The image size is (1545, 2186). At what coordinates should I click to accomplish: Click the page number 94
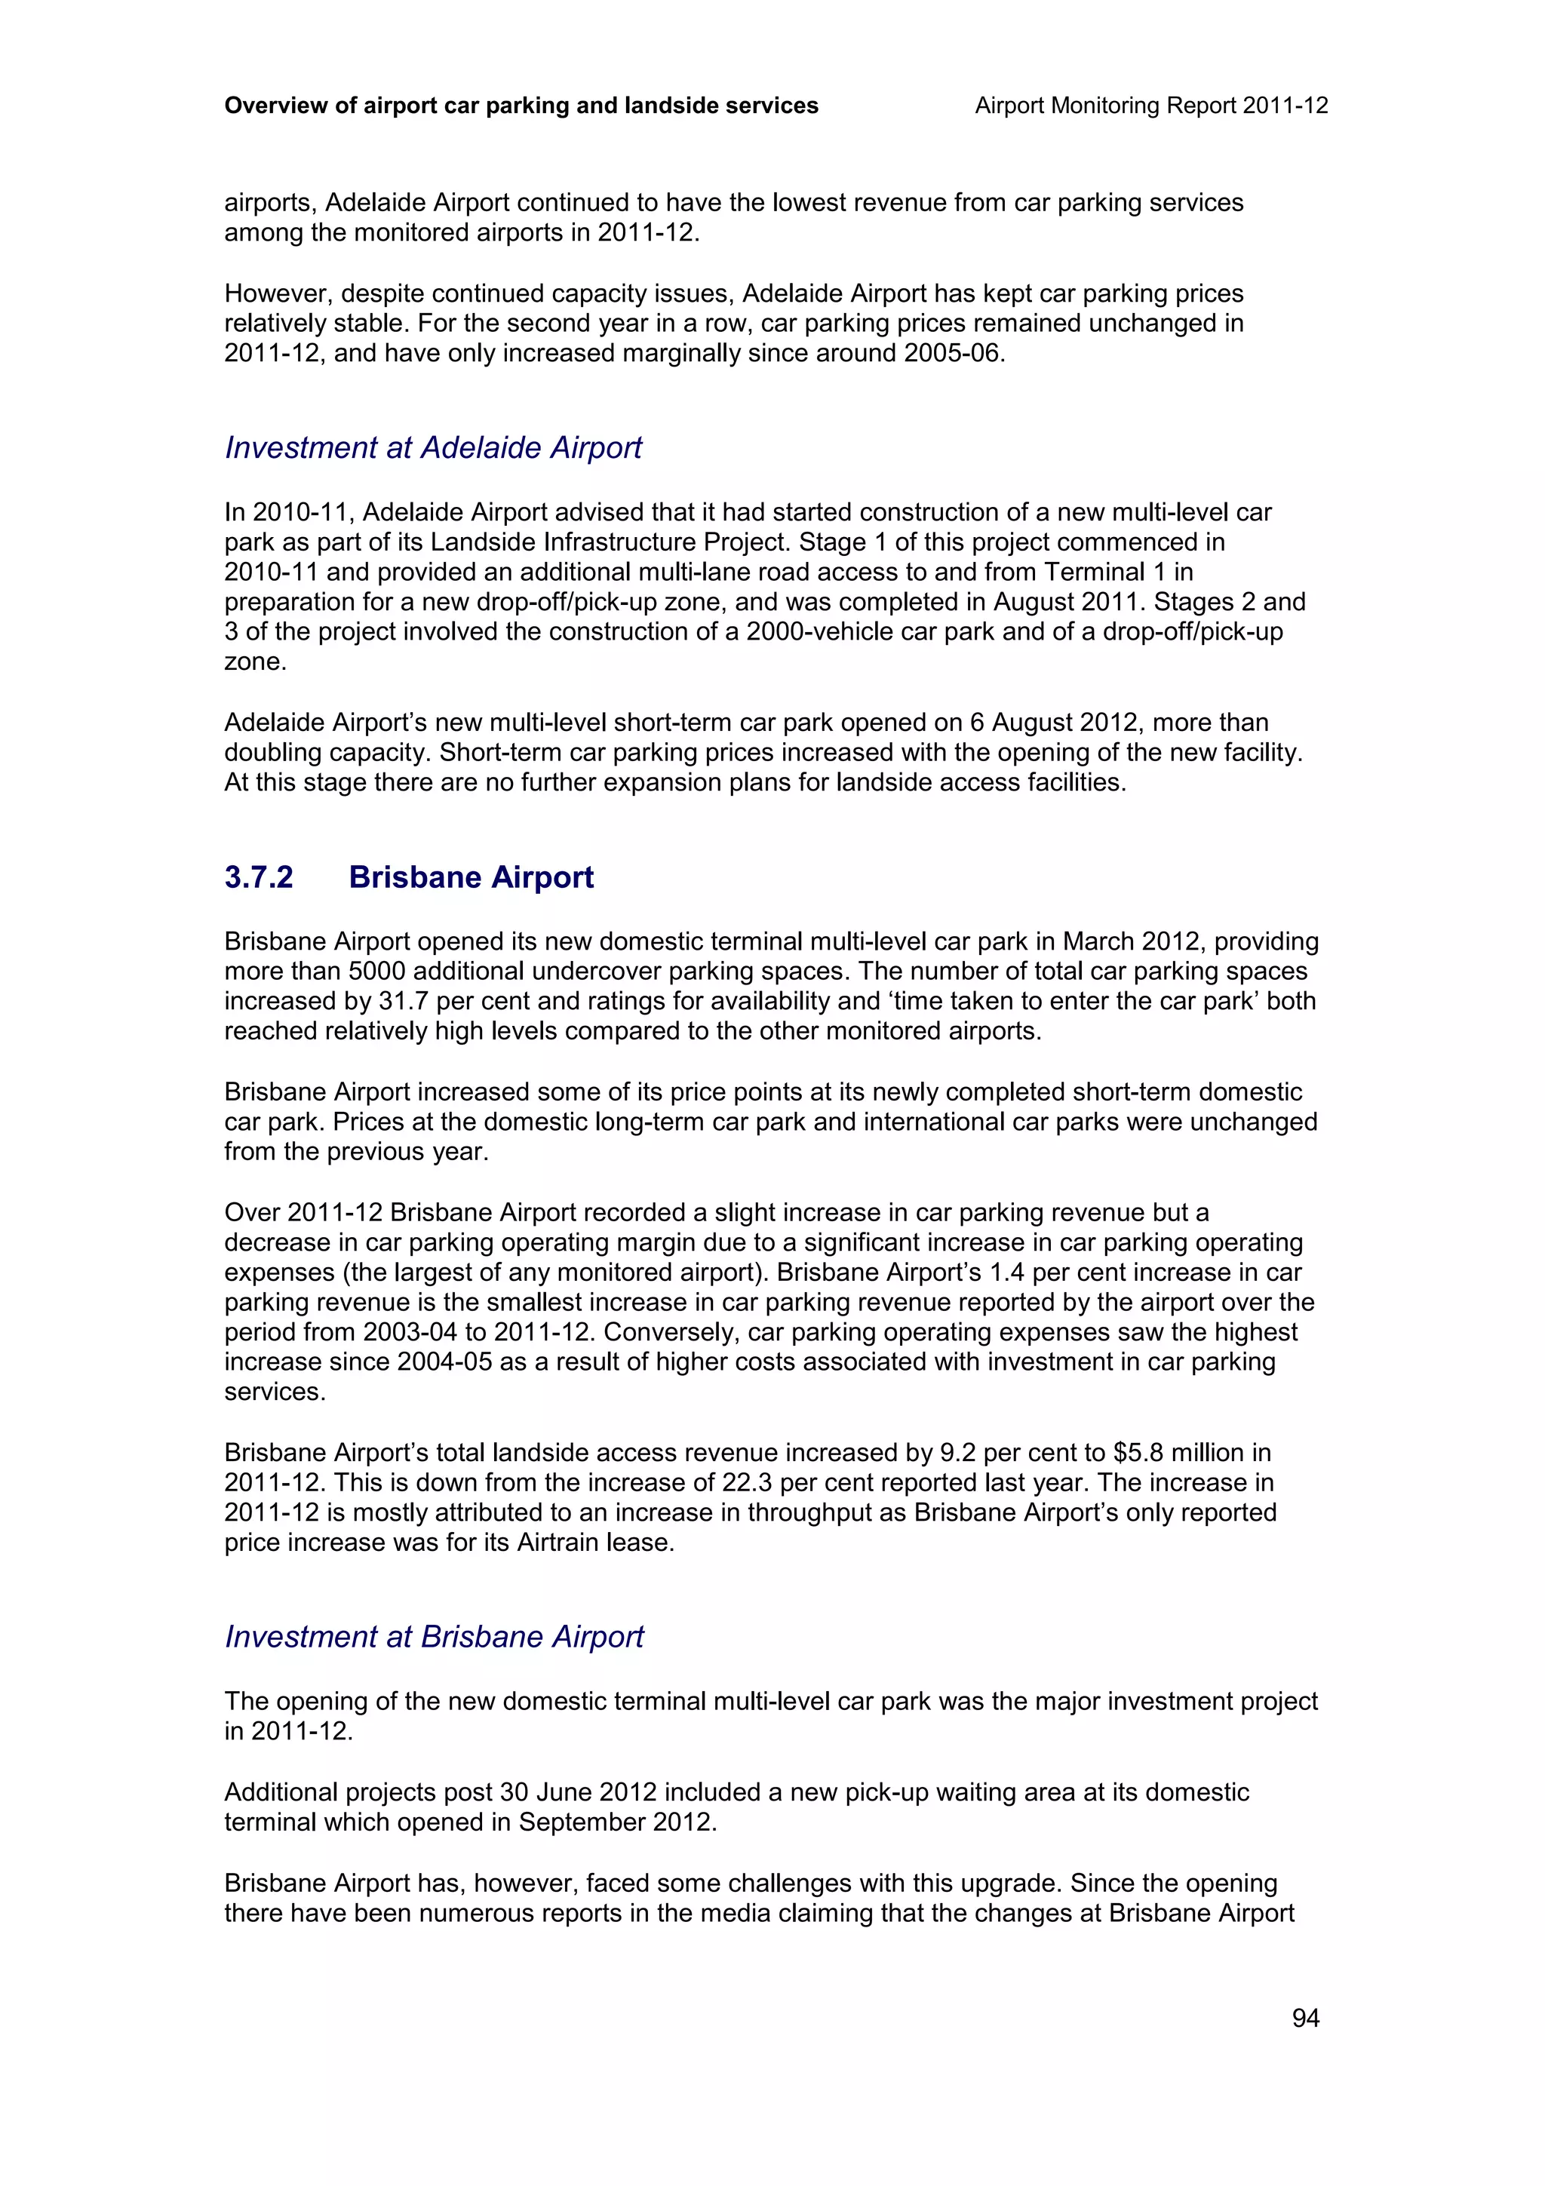[1305, 2018]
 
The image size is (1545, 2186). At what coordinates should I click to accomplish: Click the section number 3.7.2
[259, 877]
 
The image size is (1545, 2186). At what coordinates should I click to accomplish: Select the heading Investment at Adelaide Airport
[433, 447]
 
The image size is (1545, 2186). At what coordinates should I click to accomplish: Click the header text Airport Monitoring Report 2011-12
[1151, 106]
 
